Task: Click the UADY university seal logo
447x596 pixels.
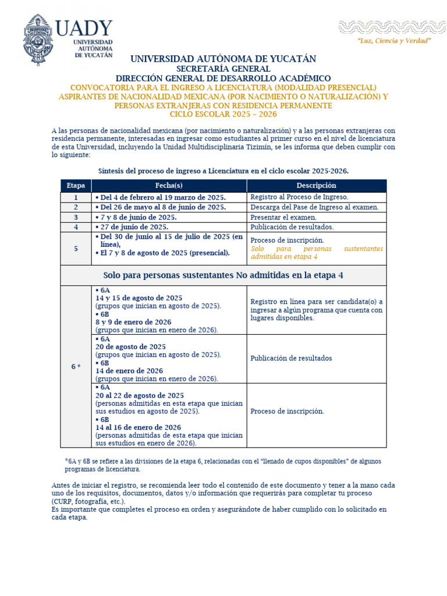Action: (x=38, y=40)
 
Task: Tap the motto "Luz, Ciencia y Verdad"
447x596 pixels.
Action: (x=394, y=41)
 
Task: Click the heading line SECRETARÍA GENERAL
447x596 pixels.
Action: (x=223, y=69)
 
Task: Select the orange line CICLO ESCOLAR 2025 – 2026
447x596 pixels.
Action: (x=223, y=114)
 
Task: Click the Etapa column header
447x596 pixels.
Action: (x=76, y=186)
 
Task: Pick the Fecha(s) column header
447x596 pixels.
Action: (x=169, y=186)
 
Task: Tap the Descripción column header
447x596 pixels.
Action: (x=316, y=186)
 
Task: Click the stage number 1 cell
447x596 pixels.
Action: (x=76, y=197)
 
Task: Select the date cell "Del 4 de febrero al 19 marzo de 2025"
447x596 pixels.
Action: (x=161, y=197)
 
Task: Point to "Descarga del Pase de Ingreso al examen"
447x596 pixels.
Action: (x=314, y=207)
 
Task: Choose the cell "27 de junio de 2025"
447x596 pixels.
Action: (x=134, y=227)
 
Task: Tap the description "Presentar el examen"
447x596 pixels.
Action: (x=284, y=217)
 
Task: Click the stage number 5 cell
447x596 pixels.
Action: (x=76, y=249)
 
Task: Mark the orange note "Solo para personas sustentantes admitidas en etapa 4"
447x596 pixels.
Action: (x=317, y=253)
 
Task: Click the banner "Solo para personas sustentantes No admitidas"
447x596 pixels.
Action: (x=223, y=275)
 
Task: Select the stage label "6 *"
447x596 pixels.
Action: (x=76, y=367)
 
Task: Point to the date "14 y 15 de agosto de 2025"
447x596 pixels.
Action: (x=139, y=297)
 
